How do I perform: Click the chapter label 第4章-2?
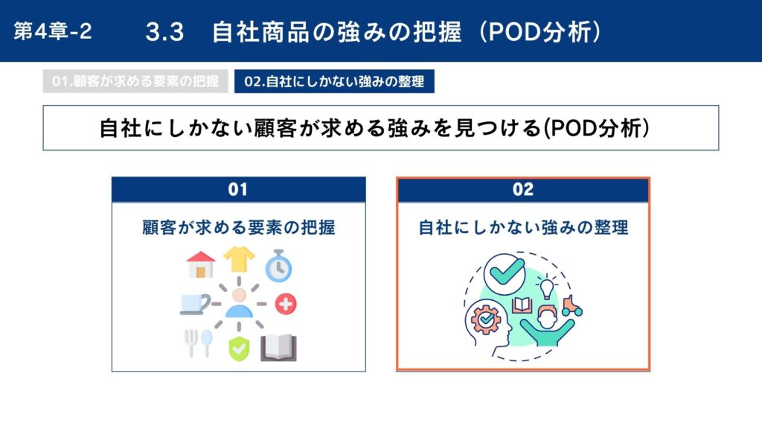[x=53, y=31]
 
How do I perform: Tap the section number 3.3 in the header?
[x=164, y=32]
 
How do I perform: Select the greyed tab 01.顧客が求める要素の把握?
[x=135, y=81]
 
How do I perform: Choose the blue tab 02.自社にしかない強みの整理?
[x=334, y=81]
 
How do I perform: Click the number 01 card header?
[x=239, y=189]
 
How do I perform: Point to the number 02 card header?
[x=523, y=189]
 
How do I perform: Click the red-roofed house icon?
[x=201, y=264]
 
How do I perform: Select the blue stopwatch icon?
[x=278, y=266]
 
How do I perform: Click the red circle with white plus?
[x=286, y=304]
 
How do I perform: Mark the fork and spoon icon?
[x=198, y=343]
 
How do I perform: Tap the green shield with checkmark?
[x=239, y=349]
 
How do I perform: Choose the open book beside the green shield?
[x=278, y=348]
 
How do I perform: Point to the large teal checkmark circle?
[x=505, y=274]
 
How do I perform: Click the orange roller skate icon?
[x=572, y=306]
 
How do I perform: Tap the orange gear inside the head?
[x=485, y=319]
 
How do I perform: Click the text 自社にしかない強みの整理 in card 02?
[x=523, y=228]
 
